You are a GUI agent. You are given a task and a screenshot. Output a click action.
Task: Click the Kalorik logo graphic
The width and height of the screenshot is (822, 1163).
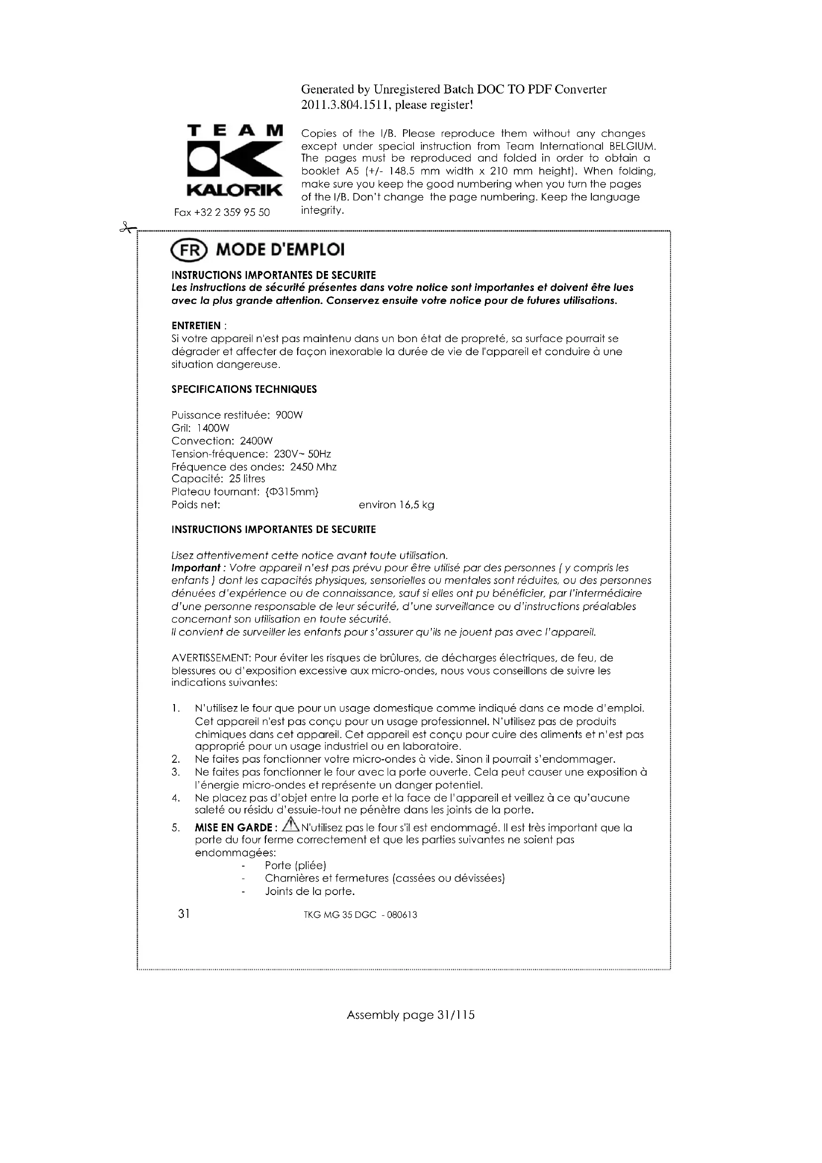[x=235, y=161]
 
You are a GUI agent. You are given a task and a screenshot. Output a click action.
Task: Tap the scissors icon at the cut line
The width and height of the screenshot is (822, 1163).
[x=127, y=228]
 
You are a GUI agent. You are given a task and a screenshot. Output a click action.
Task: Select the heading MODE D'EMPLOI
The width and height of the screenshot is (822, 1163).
[x=280, y=250]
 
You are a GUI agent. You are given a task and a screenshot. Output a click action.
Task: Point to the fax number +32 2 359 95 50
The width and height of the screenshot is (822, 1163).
[x=222, y=212]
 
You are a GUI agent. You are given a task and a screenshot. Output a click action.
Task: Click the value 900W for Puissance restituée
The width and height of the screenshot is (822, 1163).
[x=289, y=415]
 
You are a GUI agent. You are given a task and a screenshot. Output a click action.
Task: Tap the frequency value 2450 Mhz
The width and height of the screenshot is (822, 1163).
[x=313, y=466]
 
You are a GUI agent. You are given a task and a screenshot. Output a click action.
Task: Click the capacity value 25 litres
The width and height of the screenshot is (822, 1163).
[x=247, y=479]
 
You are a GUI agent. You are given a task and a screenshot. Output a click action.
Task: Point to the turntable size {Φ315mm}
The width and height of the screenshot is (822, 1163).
[x=292, y=492]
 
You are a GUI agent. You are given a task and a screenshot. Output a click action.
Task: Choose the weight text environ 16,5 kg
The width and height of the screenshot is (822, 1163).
[x=396, y=505]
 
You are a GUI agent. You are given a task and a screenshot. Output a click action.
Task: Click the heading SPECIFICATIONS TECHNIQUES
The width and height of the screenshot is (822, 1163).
[x=244, y=389]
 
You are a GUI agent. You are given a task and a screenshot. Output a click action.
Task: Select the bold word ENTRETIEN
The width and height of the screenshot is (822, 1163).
[x=196, y=326]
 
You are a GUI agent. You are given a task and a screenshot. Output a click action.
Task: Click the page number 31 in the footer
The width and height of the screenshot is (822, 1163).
[x=184, y=913]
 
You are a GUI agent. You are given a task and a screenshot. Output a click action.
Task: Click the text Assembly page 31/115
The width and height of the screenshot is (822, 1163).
[x=411, y=1015]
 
